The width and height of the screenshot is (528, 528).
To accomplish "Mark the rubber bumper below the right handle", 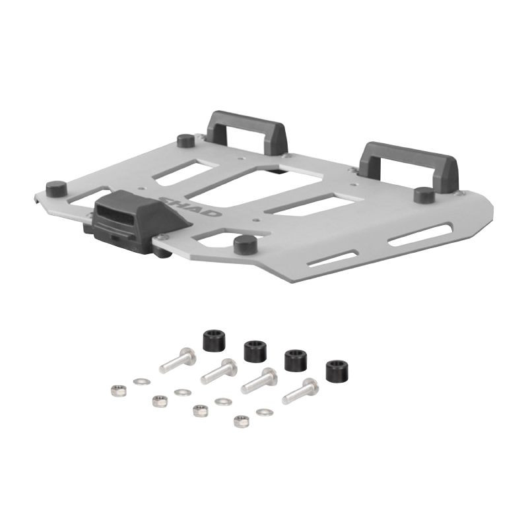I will point(424,195).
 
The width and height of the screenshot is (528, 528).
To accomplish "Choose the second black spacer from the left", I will point(254,350).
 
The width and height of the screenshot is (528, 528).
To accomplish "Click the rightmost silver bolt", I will point(300,391).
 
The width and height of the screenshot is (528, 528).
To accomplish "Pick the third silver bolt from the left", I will point(259,381).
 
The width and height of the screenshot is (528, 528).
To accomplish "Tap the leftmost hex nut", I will point(118,390).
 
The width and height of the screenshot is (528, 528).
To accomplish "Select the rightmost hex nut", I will point(242,420).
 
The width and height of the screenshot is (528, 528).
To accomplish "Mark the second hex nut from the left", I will point(159,401).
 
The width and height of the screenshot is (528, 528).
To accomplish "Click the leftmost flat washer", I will point(140,381).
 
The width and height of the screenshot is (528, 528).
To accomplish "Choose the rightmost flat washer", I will point(264,412).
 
